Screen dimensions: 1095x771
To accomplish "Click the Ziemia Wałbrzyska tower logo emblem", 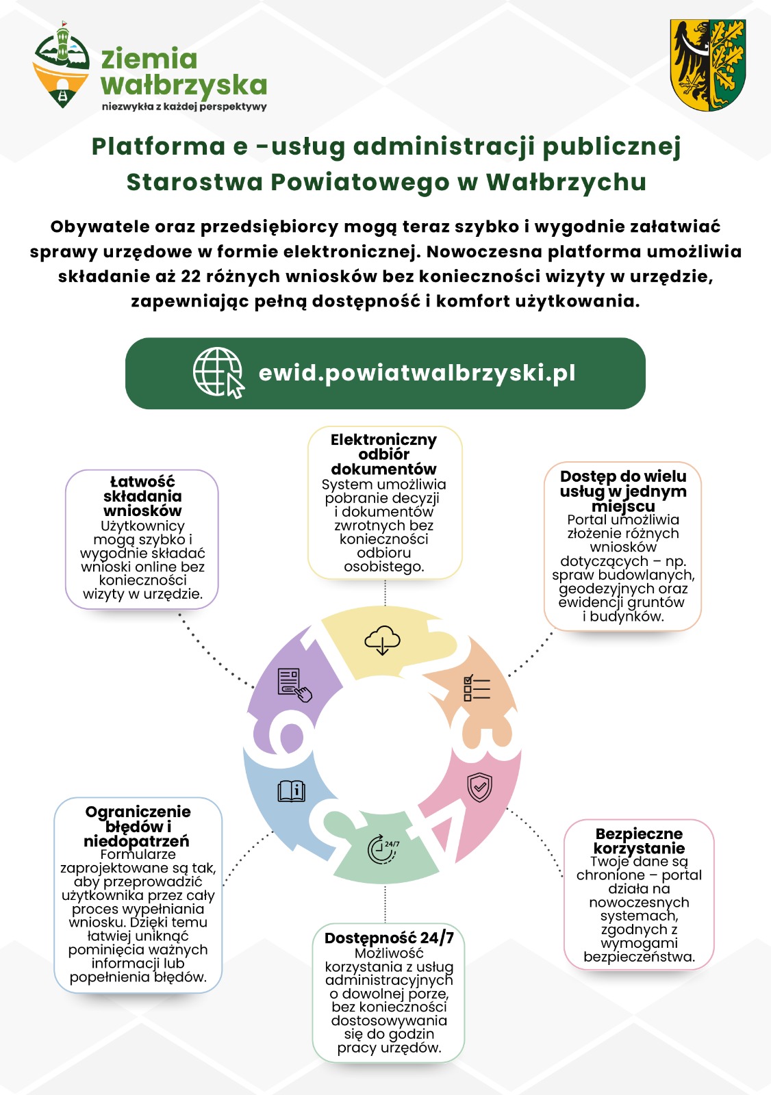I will pos(62,65).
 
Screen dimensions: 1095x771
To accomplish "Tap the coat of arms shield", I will pos(707,65).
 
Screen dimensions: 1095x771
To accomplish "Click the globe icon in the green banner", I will pos(218,372).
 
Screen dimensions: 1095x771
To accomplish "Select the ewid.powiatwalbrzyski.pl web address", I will pos(417,373).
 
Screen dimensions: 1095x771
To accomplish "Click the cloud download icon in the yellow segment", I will pos(382,641).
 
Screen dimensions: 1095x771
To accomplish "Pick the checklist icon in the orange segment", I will pos(477,688).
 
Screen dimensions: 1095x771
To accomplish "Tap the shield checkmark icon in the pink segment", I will pos(479,787).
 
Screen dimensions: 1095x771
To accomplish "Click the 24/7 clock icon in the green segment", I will pos(383,849).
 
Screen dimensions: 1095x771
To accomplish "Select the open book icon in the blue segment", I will pos(291,791).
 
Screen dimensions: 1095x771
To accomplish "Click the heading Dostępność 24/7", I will pos(389,938).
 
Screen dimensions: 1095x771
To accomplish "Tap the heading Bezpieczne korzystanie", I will pos(639,841).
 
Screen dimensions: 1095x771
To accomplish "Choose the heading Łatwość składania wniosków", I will pos(142,496).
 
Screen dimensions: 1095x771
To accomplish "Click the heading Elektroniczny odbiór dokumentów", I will pos(383,454).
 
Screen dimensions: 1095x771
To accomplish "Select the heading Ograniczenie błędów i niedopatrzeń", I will pos(138,826).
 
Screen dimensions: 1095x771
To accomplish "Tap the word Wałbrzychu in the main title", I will pos(566,182).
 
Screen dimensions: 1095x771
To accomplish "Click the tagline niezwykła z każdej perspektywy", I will pos(184,107).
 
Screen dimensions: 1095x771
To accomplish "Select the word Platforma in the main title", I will pos(158,146).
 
